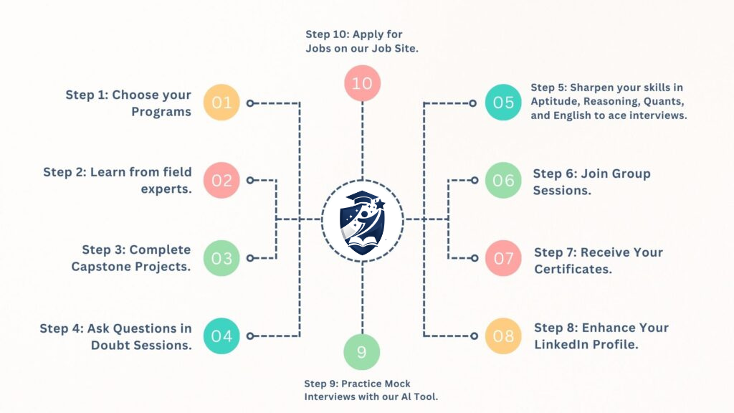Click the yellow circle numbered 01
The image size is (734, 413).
click(x=221, y=103)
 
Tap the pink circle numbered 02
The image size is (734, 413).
click(x=221, y=180)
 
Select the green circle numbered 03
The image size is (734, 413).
click(x=221, y=258)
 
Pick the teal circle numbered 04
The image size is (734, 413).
click(x=221, y=336)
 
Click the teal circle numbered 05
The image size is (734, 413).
click(x=503, y=103)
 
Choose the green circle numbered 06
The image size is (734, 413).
click(x=503, y=180)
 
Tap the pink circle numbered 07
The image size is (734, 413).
click(x=503, y=258)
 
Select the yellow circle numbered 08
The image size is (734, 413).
click(x=503, y=336)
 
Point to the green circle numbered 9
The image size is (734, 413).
click(x=362, y=352)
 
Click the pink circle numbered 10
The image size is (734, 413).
click(x=362, y=83)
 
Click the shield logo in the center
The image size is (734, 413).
click(x=363, y=219)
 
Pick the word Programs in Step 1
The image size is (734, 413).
click(x=161, y=112)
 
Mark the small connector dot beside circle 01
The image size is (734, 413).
click(x=250, y=103)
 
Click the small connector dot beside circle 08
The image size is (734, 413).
click(x=473, y=336)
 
